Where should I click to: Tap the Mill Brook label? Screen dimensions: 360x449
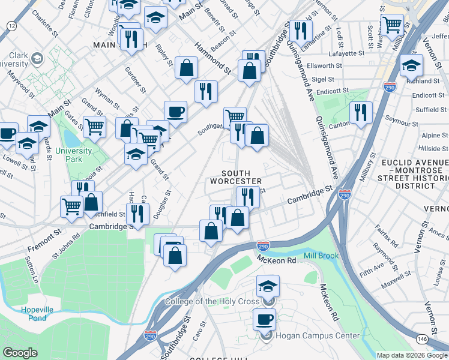coord(321,256)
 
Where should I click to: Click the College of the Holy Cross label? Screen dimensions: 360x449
coord(212,301)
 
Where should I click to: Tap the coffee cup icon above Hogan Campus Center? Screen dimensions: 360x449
coord(264,319)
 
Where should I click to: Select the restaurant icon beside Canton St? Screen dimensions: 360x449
coord(361,112)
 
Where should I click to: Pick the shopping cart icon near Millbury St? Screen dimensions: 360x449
coord(393,25)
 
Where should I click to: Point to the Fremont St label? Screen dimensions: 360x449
coord(44,240)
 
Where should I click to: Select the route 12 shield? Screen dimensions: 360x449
coord(11,25)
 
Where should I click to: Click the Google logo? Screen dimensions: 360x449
coord(20,353)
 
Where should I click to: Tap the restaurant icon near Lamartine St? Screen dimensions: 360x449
coord(300,30)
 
